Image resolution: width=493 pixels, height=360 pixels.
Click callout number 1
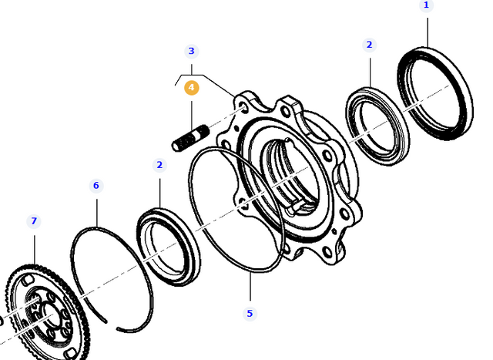[426, 5]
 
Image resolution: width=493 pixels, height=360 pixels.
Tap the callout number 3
[192, 51]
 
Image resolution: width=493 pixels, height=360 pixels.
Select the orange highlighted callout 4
[192, 88]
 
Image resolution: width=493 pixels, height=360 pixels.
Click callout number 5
[250, 314]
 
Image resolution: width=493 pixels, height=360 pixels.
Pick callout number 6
[96, 185]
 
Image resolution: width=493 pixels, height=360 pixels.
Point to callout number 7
[34, 221]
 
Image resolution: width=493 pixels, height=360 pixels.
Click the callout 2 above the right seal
[370, 45]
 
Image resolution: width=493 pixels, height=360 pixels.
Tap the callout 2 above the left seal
[159, 165]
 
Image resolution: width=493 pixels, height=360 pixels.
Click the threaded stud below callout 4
[191, 138]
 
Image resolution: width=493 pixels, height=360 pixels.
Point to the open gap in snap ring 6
[112, 326]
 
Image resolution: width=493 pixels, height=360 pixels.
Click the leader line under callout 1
[428, 32]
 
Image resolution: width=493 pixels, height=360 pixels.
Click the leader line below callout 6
[97, 213]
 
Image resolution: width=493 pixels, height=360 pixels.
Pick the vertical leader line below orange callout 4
[192, 116]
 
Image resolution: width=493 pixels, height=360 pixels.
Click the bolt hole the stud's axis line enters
[243, 109]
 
